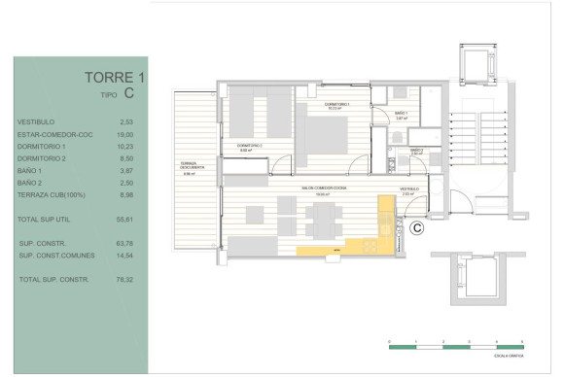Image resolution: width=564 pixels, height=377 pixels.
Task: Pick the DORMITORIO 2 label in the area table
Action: (42, 157)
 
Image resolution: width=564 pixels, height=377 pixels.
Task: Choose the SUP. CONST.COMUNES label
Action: (53, 256)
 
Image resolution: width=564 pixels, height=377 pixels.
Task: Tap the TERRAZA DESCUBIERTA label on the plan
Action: (190, 166)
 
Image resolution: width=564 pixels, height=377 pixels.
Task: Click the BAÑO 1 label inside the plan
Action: (401, 114)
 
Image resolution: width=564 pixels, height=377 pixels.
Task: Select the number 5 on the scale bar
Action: (523, 342)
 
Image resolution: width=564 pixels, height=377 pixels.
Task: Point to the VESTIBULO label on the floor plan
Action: (408, 189)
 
